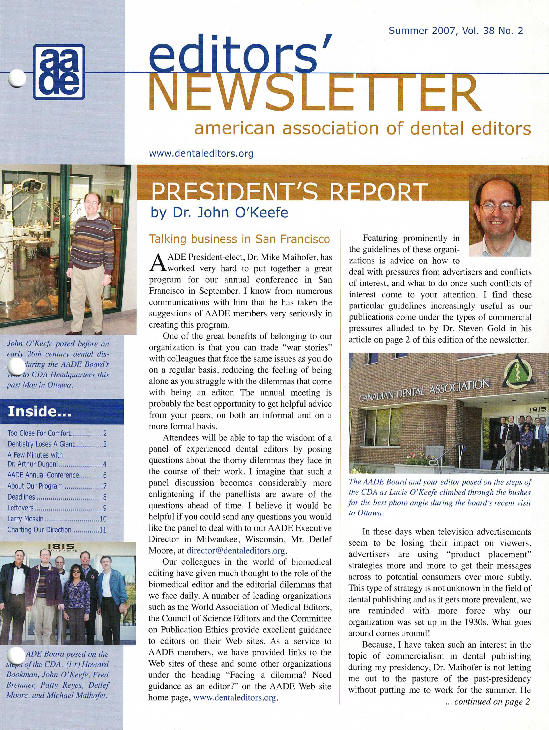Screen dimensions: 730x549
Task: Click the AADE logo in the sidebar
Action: (59, 72)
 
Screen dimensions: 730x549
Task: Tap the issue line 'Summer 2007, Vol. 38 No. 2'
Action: (456, 31)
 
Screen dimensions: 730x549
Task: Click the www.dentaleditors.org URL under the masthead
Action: (201, 153)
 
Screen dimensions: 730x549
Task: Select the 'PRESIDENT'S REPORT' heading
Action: (287, 191)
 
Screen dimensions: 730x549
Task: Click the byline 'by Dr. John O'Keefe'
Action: (219, 213)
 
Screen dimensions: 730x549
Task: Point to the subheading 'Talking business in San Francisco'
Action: (239, 239)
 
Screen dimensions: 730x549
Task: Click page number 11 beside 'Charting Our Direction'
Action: (103, 530)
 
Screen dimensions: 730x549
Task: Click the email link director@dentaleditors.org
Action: (236, 550)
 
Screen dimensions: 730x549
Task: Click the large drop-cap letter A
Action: (157, 263)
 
